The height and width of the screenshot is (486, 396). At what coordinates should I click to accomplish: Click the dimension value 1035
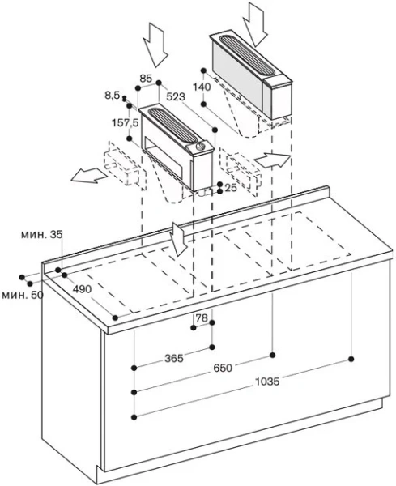[267, 382]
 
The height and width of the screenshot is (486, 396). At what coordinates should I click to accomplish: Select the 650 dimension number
[223, 368]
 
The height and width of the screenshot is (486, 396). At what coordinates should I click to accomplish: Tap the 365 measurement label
[174, 358]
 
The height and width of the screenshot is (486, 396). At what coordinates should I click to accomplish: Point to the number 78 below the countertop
[202, 318]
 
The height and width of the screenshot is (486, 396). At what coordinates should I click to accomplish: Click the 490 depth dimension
[82, 289]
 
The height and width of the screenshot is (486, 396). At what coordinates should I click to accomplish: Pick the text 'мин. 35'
[42, 235]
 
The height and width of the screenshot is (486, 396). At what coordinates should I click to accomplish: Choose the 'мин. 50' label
[23, 295]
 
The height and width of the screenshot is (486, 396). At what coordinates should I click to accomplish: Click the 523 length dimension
[176, 96]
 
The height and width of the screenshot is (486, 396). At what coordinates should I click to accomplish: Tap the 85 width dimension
[146, 79]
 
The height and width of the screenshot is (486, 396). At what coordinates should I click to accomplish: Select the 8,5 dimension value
[113, 96]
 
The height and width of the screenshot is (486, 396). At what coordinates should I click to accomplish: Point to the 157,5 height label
[126, 123]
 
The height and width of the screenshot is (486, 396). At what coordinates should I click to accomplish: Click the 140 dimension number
[202, 87]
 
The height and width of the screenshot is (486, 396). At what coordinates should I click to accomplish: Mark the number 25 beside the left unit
[231, 188]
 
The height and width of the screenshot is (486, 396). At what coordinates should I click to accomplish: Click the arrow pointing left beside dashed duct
[89, 175]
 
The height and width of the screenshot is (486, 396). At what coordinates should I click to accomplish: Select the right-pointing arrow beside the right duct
[272, 160]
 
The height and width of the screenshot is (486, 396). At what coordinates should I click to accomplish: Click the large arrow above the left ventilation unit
[156, 45]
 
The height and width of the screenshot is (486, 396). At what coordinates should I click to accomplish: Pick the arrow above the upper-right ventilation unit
[256, 23]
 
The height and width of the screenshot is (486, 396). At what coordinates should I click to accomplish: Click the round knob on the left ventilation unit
[201, 145]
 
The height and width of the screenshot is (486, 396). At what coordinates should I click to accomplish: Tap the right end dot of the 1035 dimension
[351, 359]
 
